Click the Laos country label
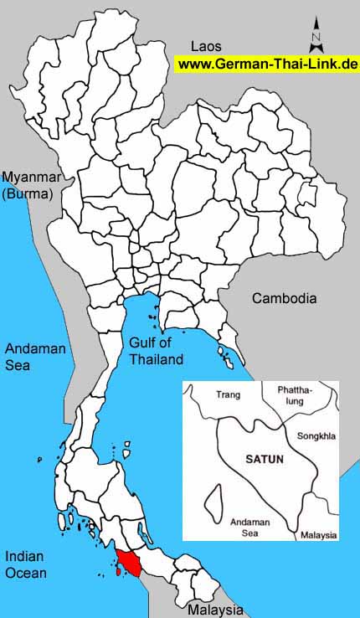pyautogui.click(x=206, y=45)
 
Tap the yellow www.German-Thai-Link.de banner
pyautogui.click(x=267, y=64)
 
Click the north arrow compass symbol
pyautogui.click(x=316, y=35)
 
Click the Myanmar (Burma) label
pyautogui.click(x=28, y=185)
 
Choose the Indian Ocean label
pyautogui.click(x=26, y=564)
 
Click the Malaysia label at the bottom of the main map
pyautogui.click(x=215, y=610)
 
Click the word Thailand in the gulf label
pyautogui.click(x=156, y=360)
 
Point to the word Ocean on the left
pyautogui.click(x=26, y=573)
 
